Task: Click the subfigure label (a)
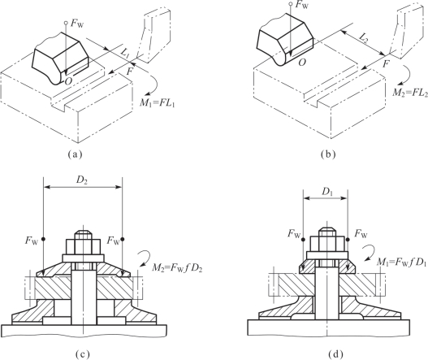[x=75, y=154]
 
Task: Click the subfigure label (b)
[x=328, y=154]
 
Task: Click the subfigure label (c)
[x=82, y=353]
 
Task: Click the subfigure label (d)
[x=335, y=353]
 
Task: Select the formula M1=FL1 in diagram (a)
[x=157, y=103]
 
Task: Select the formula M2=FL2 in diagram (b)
[x=410, y=93]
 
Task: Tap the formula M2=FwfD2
[x=177, y=269]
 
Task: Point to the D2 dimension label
[x=82, y=180]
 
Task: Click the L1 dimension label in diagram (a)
[x=125, y=54]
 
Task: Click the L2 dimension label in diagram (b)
[x=363, y=38]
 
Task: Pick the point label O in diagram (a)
[x=69, y=81]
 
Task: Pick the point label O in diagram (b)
[x=302, y=63]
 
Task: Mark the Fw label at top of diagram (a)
[x=77, y=24]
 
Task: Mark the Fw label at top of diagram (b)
[x=302, y=5]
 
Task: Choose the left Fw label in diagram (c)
[x=32, y=241]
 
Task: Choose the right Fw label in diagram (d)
[x=361, y=234]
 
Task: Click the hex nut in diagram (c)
[x=84, y=247]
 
